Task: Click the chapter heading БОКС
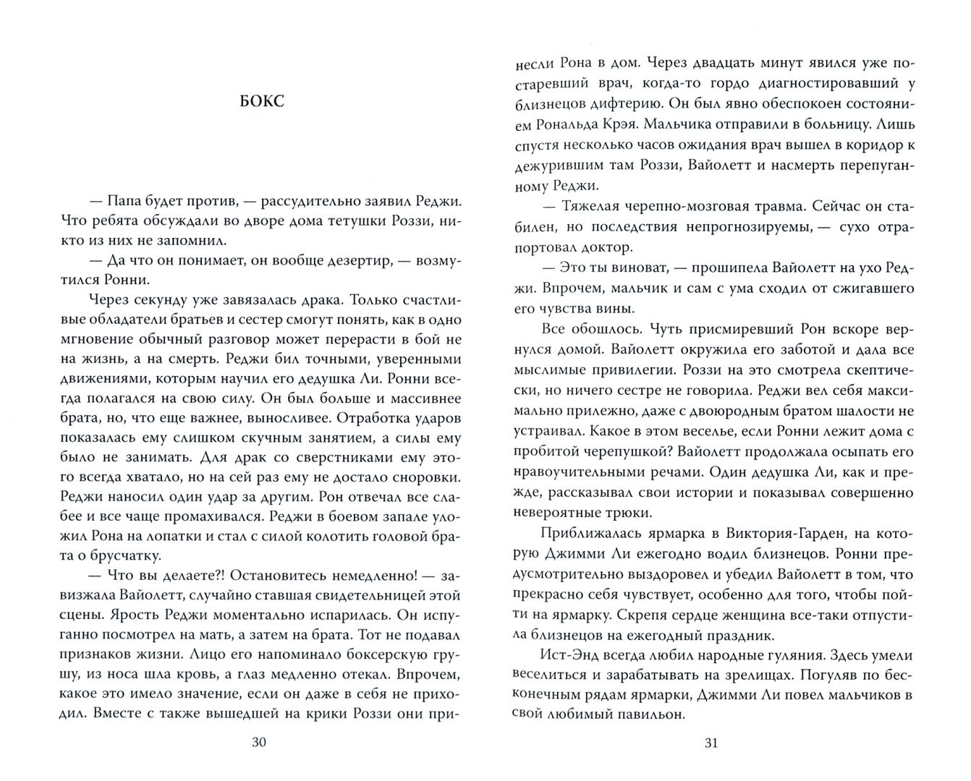tap(262, 101)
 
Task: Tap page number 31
tap(711, 743)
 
